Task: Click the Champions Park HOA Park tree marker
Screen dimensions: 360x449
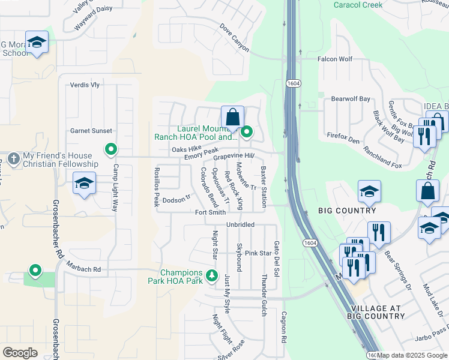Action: coord(211,276)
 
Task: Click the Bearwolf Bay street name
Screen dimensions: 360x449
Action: coord(351,98)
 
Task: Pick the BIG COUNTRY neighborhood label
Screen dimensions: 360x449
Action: coord(348,211)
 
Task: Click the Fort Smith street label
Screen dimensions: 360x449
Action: coord(211,212)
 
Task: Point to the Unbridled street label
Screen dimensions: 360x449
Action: coord(240,224)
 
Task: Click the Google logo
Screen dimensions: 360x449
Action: coord(20,352)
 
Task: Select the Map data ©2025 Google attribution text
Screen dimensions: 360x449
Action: coord(412,355)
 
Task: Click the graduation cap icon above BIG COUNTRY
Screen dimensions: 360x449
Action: coord(369,191)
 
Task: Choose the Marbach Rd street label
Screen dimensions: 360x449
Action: coord(83,269)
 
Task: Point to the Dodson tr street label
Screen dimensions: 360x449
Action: coord(176,200)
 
